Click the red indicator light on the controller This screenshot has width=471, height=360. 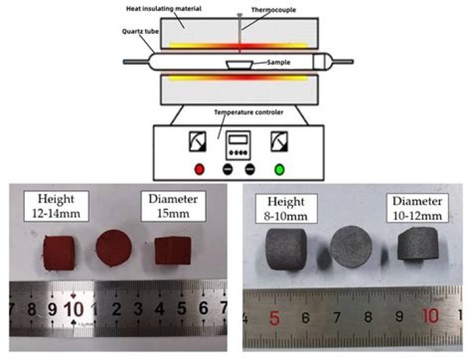[199, 169]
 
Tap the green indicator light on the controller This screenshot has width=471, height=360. [279, 170]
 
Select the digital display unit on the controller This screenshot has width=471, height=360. [238, 145]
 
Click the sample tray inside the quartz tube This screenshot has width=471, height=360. [239, 65]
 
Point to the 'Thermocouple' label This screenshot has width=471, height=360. [273, 10]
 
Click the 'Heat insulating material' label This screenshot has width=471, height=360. [164, 9]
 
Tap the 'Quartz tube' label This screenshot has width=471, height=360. [140, 31]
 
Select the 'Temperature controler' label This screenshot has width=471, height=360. [249, 113]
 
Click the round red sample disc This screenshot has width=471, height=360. [114, 248]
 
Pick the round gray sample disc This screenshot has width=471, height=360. [351, 247]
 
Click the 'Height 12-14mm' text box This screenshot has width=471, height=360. [56, 206]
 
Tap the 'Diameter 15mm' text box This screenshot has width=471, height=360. [173, 206]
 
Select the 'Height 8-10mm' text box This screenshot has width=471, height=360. [287, 208]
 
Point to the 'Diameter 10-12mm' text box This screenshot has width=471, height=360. [417, 208]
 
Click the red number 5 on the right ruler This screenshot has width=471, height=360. [275, 318]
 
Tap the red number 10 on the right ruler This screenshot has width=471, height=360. [430, 316]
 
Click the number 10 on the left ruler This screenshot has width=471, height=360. [73, 309]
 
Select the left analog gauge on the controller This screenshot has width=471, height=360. [198, 141]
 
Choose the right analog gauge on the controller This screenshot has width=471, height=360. [279, 141]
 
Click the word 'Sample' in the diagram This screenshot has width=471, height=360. [279, 62]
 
